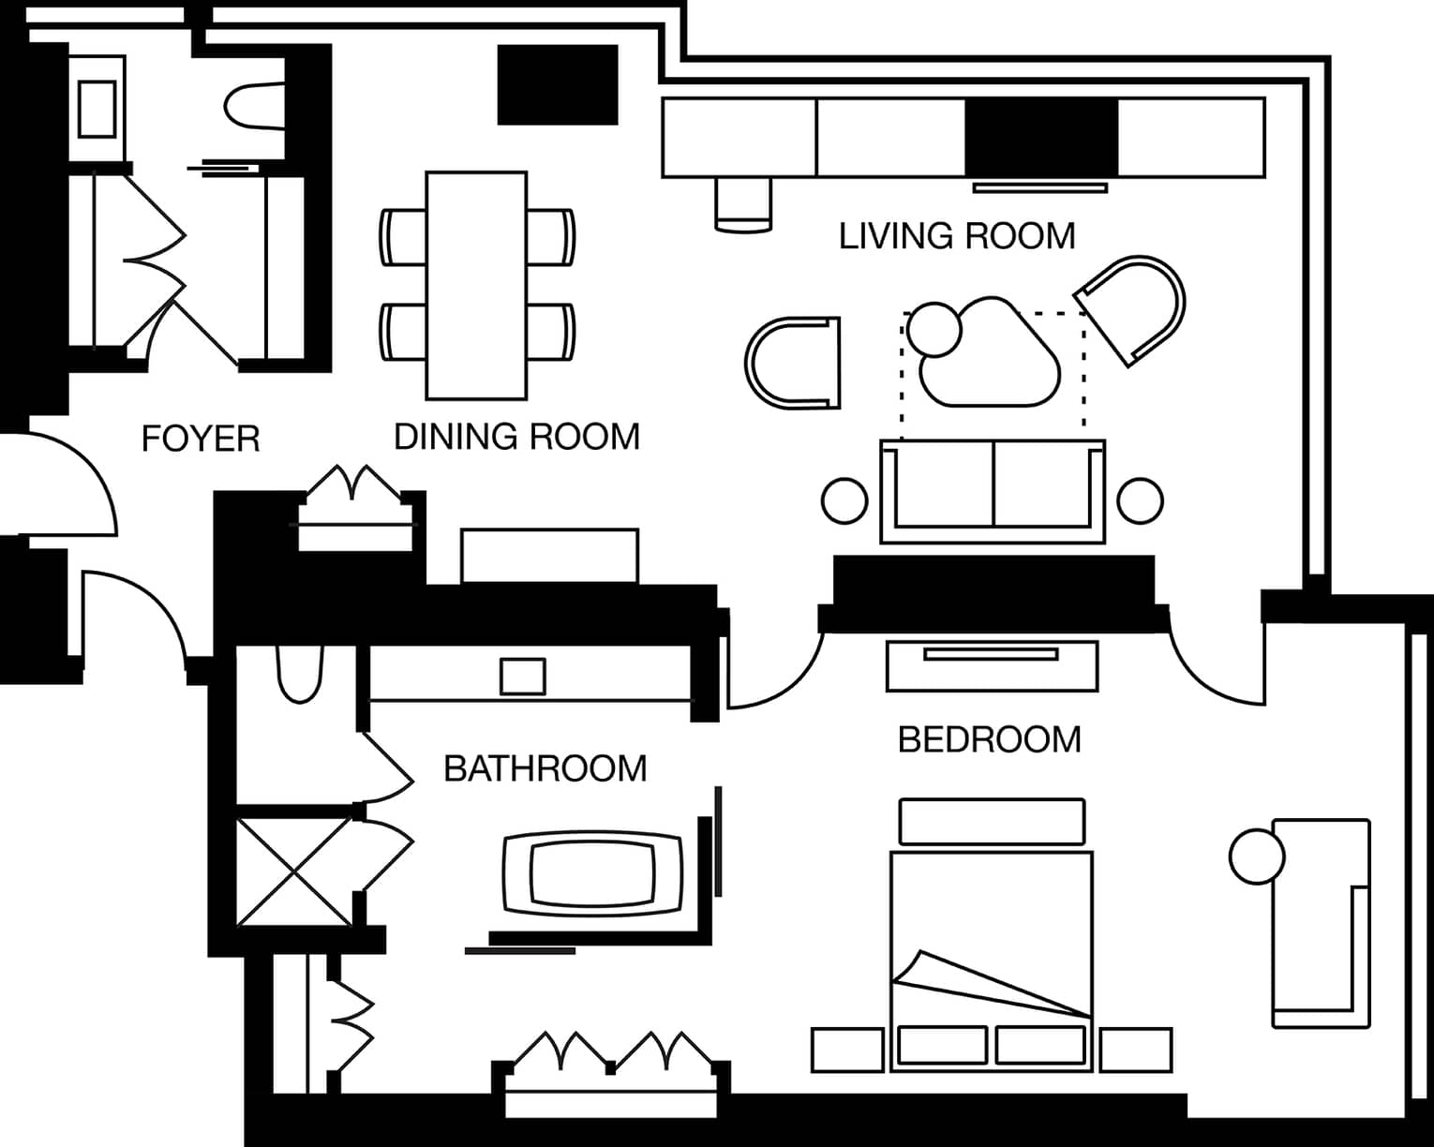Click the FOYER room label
[x=201, y=439]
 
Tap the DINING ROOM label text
[x=517, y=438]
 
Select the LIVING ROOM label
[x=957, y=236]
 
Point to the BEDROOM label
[x=990, y=739]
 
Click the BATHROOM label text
[x=545, y=769]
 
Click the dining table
[x=476, y=286]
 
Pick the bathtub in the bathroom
[x=592, y=873]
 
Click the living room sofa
[x=993, y=491]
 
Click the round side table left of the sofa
[x=844, y=500]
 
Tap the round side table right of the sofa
[x=1140, y=500]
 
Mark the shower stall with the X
[x=294, y=872]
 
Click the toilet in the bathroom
[x=300, y=674]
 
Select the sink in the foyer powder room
[x=97, y=110]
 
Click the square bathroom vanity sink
[x=523, y=677]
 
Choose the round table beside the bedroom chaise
[x=1257, y=857]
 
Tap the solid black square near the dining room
[x=558, y=84]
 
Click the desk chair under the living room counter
[x=743, y=204]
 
